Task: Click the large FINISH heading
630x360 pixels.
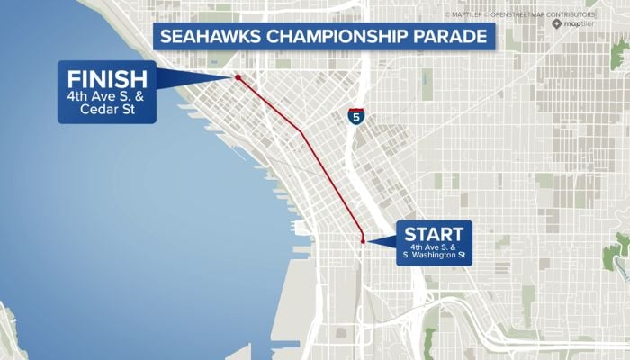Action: pos(107,75)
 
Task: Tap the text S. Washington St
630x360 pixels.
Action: pos(434,256)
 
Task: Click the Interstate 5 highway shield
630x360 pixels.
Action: pos(356,117)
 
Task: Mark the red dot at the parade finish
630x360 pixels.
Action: pos(238,77)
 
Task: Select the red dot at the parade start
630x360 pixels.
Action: pos(363,241)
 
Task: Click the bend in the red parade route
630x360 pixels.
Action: pos(301,130)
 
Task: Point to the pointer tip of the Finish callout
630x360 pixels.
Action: pos(232,77)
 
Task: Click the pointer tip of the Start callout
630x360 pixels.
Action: pos(368,241)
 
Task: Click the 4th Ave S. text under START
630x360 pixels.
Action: pos(434,247)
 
